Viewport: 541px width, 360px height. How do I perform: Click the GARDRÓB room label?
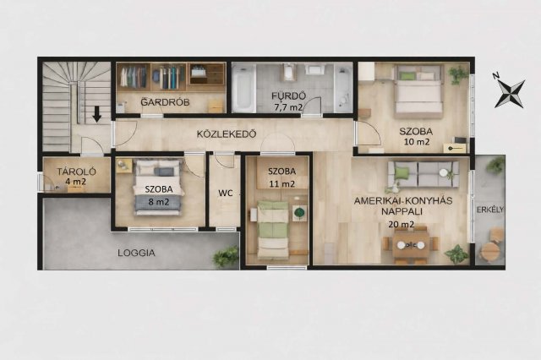[166, 102]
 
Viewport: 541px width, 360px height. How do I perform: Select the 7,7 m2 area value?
[288, 107]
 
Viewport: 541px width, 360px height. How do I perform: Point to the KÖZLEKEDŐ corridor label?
[227, 134]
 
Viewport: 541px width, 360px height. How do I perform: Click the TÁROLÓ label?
[77, 172]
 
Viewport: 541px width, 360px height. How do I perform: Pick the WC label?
[226, 194]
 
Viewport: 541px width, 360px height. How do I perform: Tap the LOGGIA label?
[136, 253]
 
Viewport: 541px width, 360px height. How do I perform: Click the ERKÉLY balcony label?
[490, 210]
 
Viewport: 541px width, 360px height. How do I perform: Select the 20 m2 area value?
[402, 225]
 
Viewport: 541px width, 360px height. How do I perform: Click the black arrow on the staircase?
[97, 114]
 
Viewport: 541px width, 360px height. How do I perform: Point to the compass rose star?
[511, 94]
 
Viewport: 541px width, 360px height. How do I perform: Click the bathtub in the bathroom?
[244, 88]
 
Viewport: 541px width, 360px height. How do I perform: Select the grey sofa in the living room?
[424, 174]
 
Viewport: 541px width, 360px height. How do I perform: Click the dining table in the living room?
[411, 245]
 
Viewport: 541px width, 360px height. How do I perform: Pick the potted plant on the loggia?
[226, 257]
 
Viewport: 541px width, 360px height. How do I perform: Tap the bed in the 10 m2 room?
[419, 91]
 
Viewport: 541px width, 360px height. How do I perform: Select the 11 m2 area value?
[282, 184]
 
